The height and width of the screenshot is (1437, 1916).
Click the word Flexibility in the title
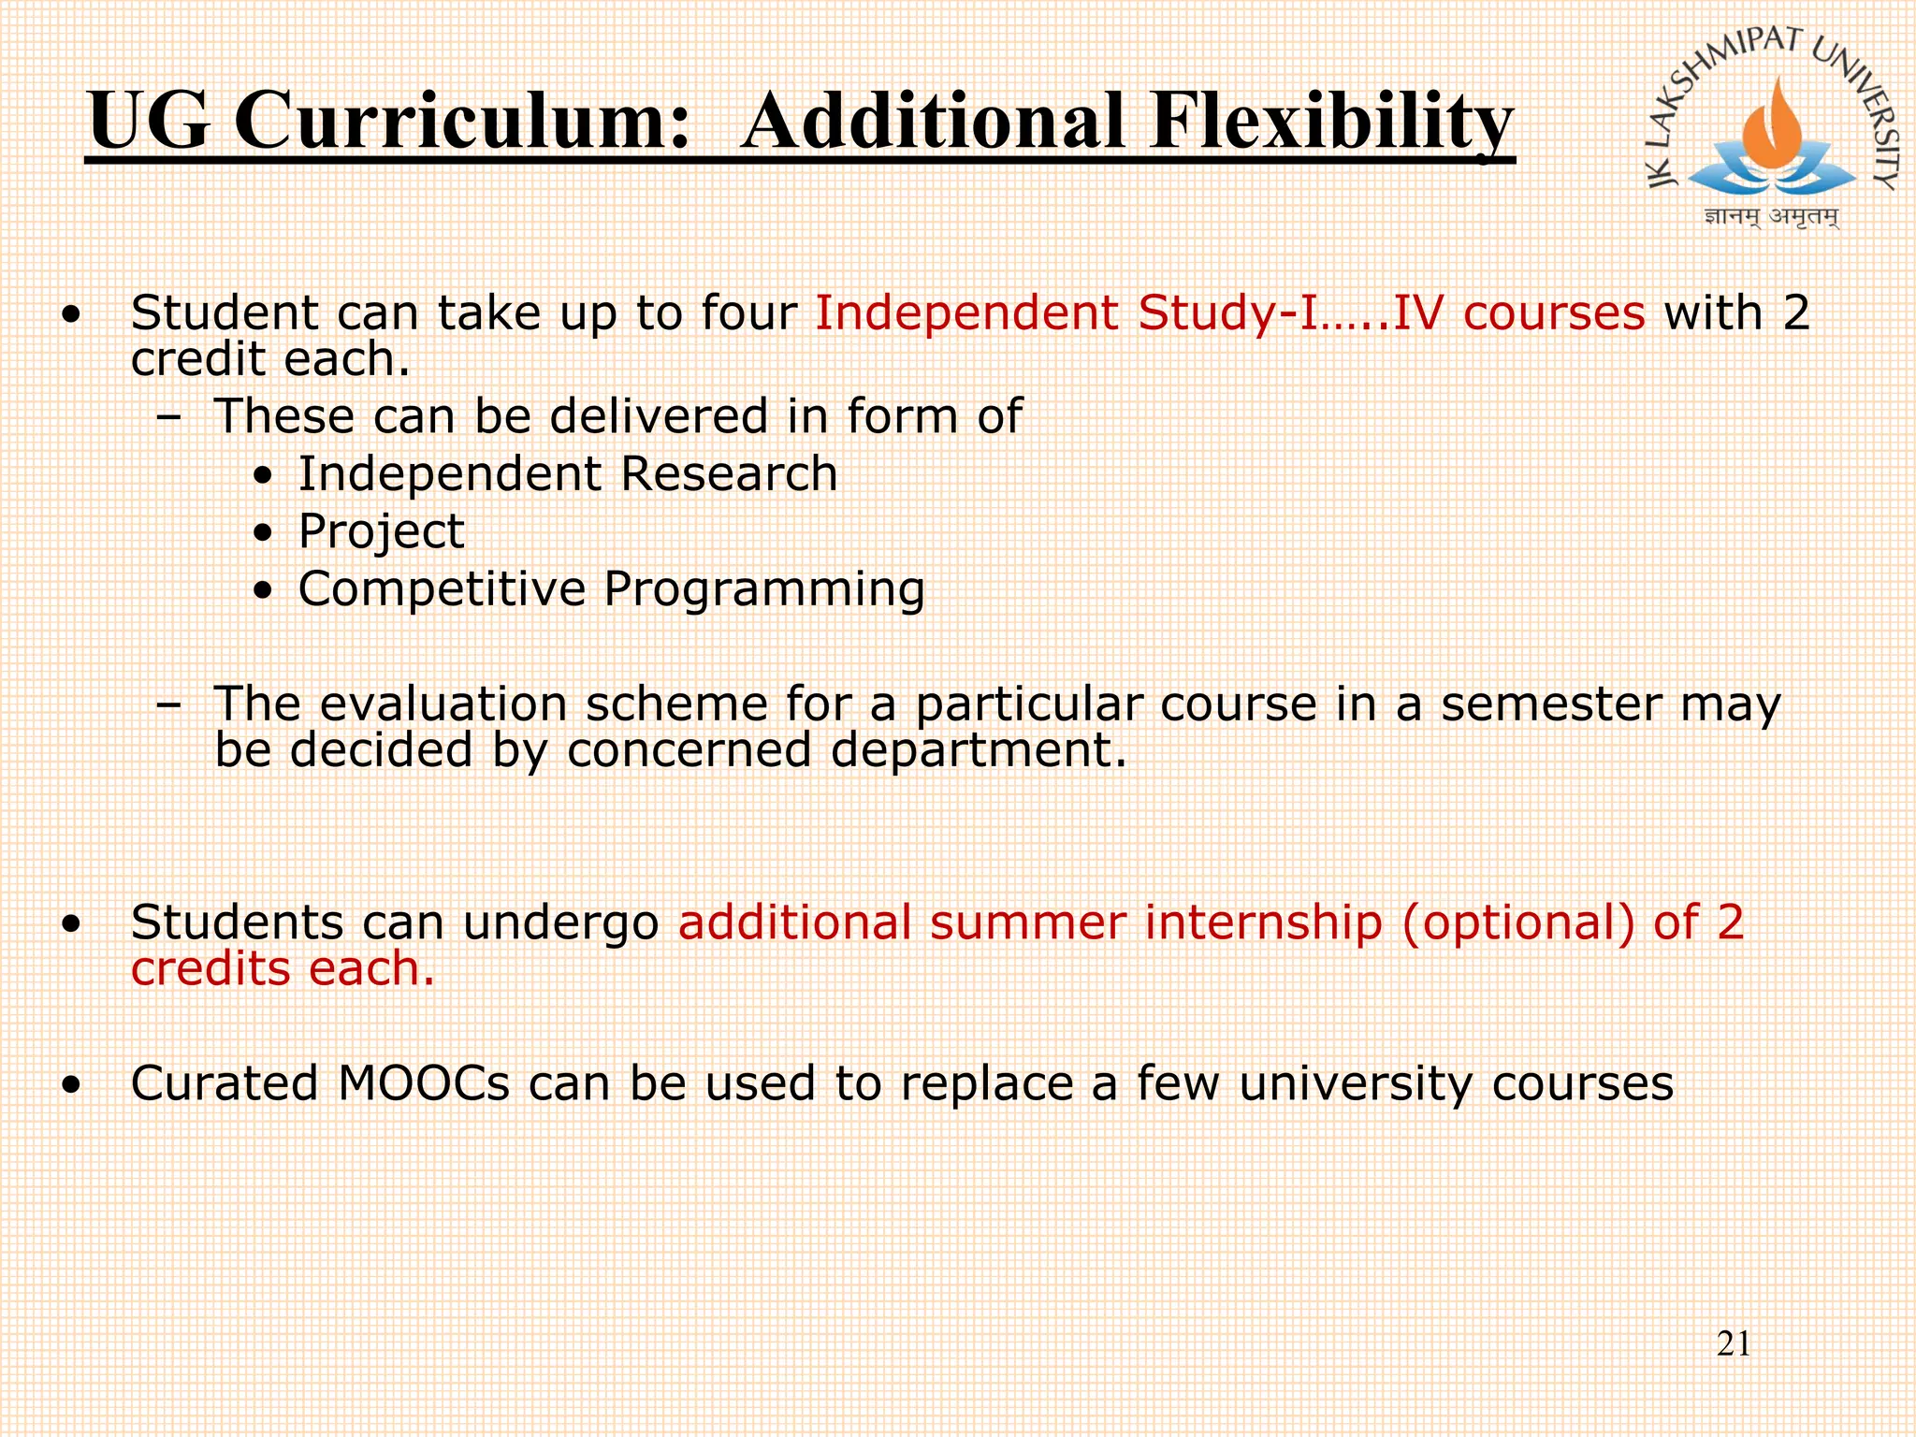pos(1331,122)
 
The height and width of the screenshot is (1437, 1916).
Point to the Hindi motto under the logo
pos(1771,217)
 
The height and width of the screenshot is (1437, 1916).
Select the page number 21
pos(1734,1344)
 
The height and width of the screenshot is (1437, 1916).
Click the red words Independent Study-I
pos(1067,312)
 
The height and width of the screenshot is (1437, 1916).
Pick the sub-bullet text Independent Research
pos(567,473)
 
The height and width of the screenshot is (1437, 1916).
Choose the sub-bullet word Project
pos(381,531)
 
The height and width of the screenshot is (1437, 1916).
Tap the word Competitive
pos(442,589)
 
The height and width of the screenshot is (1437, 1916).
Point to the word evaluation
pos(443,704)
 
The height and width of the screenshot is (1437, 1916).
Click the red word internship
pos(1263,922)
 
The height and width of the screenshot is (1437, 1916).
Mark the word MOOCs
pos(423,1083)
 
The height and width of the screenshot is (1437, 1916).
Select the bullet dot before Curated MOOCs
pos(71,1086)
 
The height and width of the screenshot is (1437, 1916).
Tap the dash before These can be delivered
pos(168,417)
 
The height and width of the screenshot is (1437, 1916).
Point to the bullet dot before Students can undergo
pos(71,925)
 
